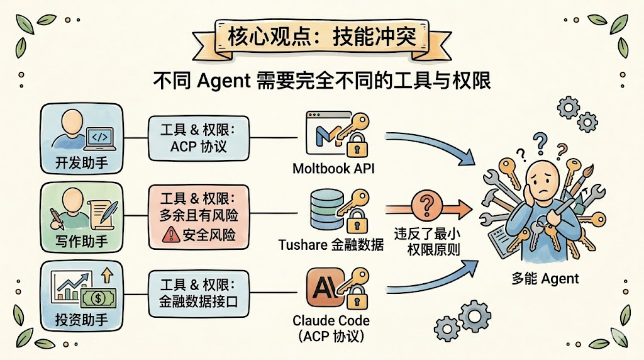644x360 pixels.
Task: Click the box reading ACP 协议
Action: [199, 139]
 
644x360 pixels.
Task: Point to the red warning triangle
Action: [170, 235]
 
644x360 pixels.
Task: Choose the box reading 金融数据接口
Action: [199, 293]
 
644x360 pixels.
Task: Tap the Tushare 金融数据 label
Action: [331, 245]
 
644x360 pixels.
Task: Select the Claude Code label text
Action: [331, 320]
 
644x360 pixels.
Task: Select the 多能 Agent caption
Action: [545, 278]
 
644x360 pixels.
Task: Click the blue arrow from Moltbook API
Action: [431, 145]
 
